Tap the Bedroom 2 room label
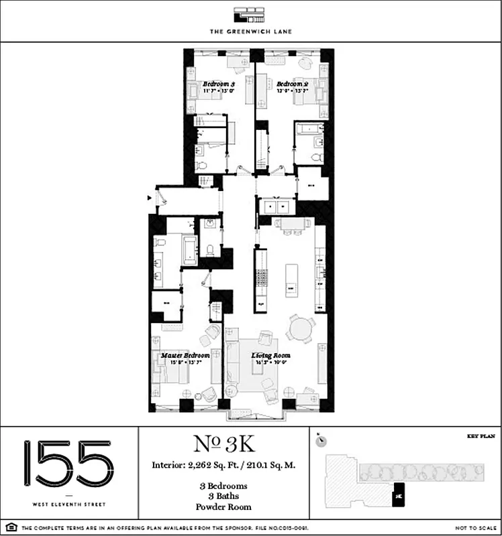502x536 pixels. [x=293, y=84]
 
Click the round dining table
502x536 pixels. [x=301, y=329]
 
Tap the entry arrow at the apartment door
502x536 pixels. [x=150, y=198]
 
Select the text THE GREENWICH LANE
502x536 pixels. [x=250, y=31]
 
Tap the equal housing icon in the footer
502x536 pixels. [x=8, y=529]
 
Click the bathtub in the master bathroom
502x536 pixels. [x=188, y=249]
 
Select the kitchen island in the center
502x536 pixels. [x=291, y=281]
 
